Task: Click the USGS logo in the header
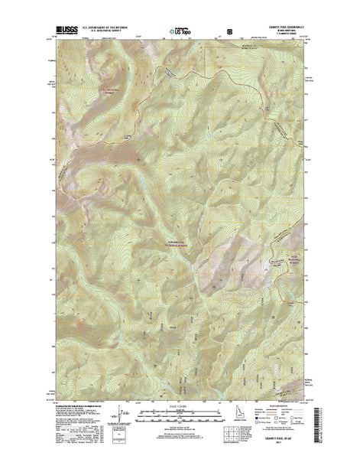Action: pos(67,32)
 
